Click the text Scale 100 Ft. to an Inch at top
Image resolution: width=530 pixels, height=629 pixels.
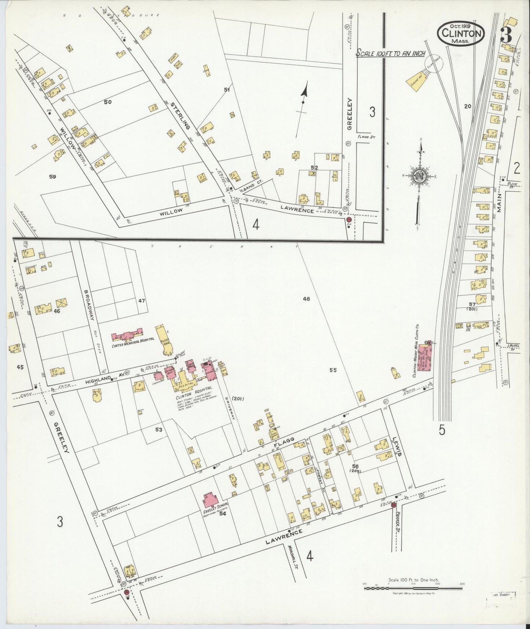click(x=390, y=54)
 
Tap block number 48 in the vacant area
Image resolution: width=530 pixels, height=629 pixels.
click(x=307, y=299)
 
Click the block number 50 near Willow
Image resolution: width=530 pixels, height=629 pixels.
click(x=107, y=102)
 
